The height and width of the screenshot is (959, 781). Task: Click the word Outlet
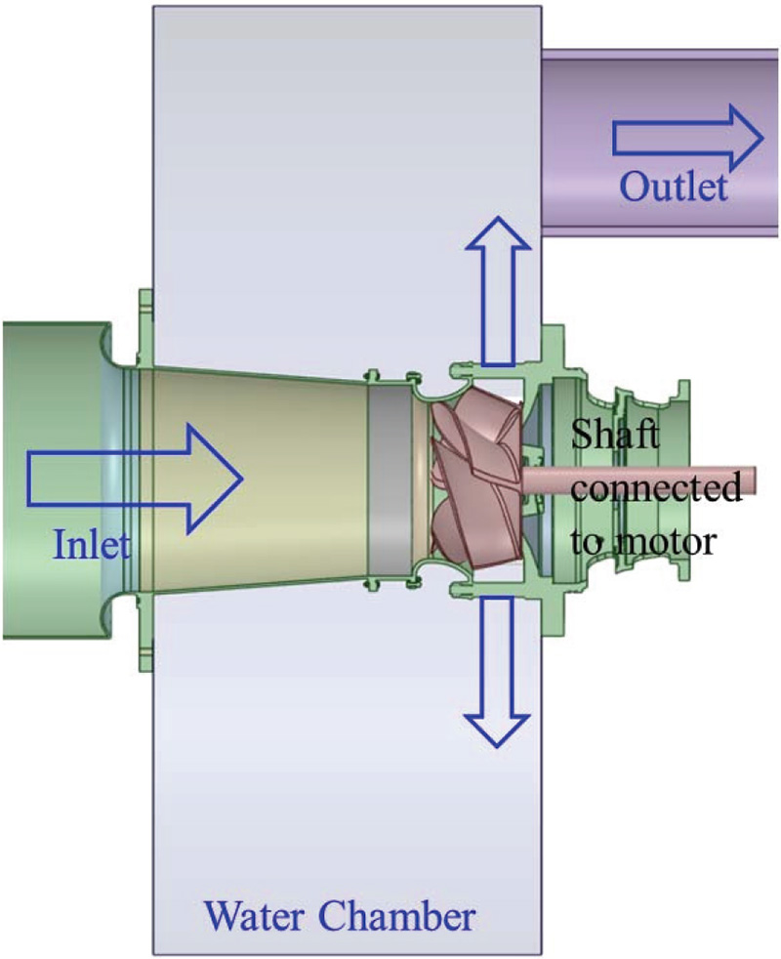pos(675,185)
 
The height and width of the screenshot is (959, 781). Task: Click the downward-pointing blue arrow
pos(497,674)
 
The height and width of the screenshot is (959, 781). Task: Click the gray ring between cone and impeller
pos(388,479)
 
